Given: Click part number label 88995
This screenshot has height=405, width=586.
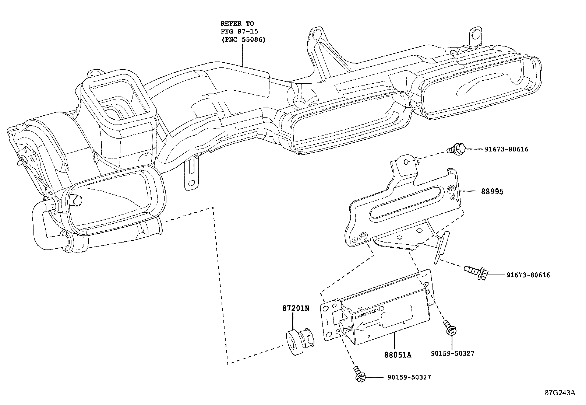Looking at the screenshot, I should point(492,192).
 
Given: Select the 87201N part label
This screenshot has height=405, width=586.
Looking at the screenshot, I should point(296,308).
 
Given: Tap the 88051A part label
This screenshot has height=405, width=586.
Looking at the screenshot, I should point(398,355).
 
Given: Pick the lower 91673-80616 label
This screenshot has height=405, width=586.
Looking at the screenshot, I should point(528,275).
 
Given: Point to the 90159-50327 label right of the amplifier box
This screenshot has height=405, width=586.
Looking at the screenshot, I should point(452,353).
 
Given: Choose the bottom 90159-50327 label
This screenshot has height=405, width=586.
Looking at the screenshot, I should point(409,377).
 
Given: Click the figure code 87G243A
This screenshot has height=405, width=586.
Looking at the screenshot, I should point(560,393).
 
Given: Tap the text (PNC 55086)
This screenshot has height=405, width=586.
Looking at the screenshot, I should point(243,39).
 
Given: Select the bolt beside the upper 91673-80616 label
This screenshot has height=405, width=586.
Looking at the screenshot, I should point(456,149).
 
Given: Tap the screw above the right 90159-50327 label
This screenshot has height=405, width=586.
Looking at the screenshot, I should point(450,328).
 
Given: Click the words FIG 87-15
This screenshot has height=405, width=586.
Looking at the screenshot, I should point(239,31).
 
